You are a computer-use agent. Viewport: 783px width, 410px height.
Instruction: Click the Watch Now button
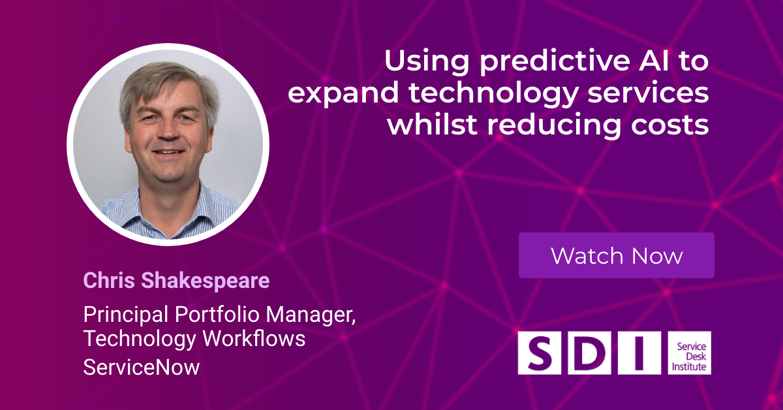click(616, 255)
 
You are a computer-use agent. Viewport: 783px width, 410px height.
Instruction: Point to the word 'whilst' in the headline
click(433, 124)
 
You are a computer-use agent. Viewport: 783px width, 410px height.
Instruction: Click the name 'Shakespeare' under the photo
click(205, 281)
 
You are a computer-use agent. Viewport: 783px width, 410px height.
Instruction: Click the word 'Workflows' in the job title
click(254, 338)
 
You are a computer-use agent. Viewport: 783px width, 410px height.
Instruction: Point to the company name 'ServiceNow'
click(141, 367)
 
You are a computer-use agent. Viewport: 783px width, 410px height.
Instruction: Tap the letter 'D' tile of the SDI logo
click(589, 353)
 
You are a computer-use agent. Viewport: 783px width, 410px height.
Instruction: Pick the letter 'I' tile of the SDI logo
click(639, 353)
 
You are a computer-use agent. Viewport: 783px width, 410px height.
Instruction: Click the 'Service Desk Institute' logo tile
click(689, 353)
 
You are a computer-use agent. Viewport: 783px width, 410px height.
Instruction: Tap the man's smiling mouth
click(169, 152)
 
